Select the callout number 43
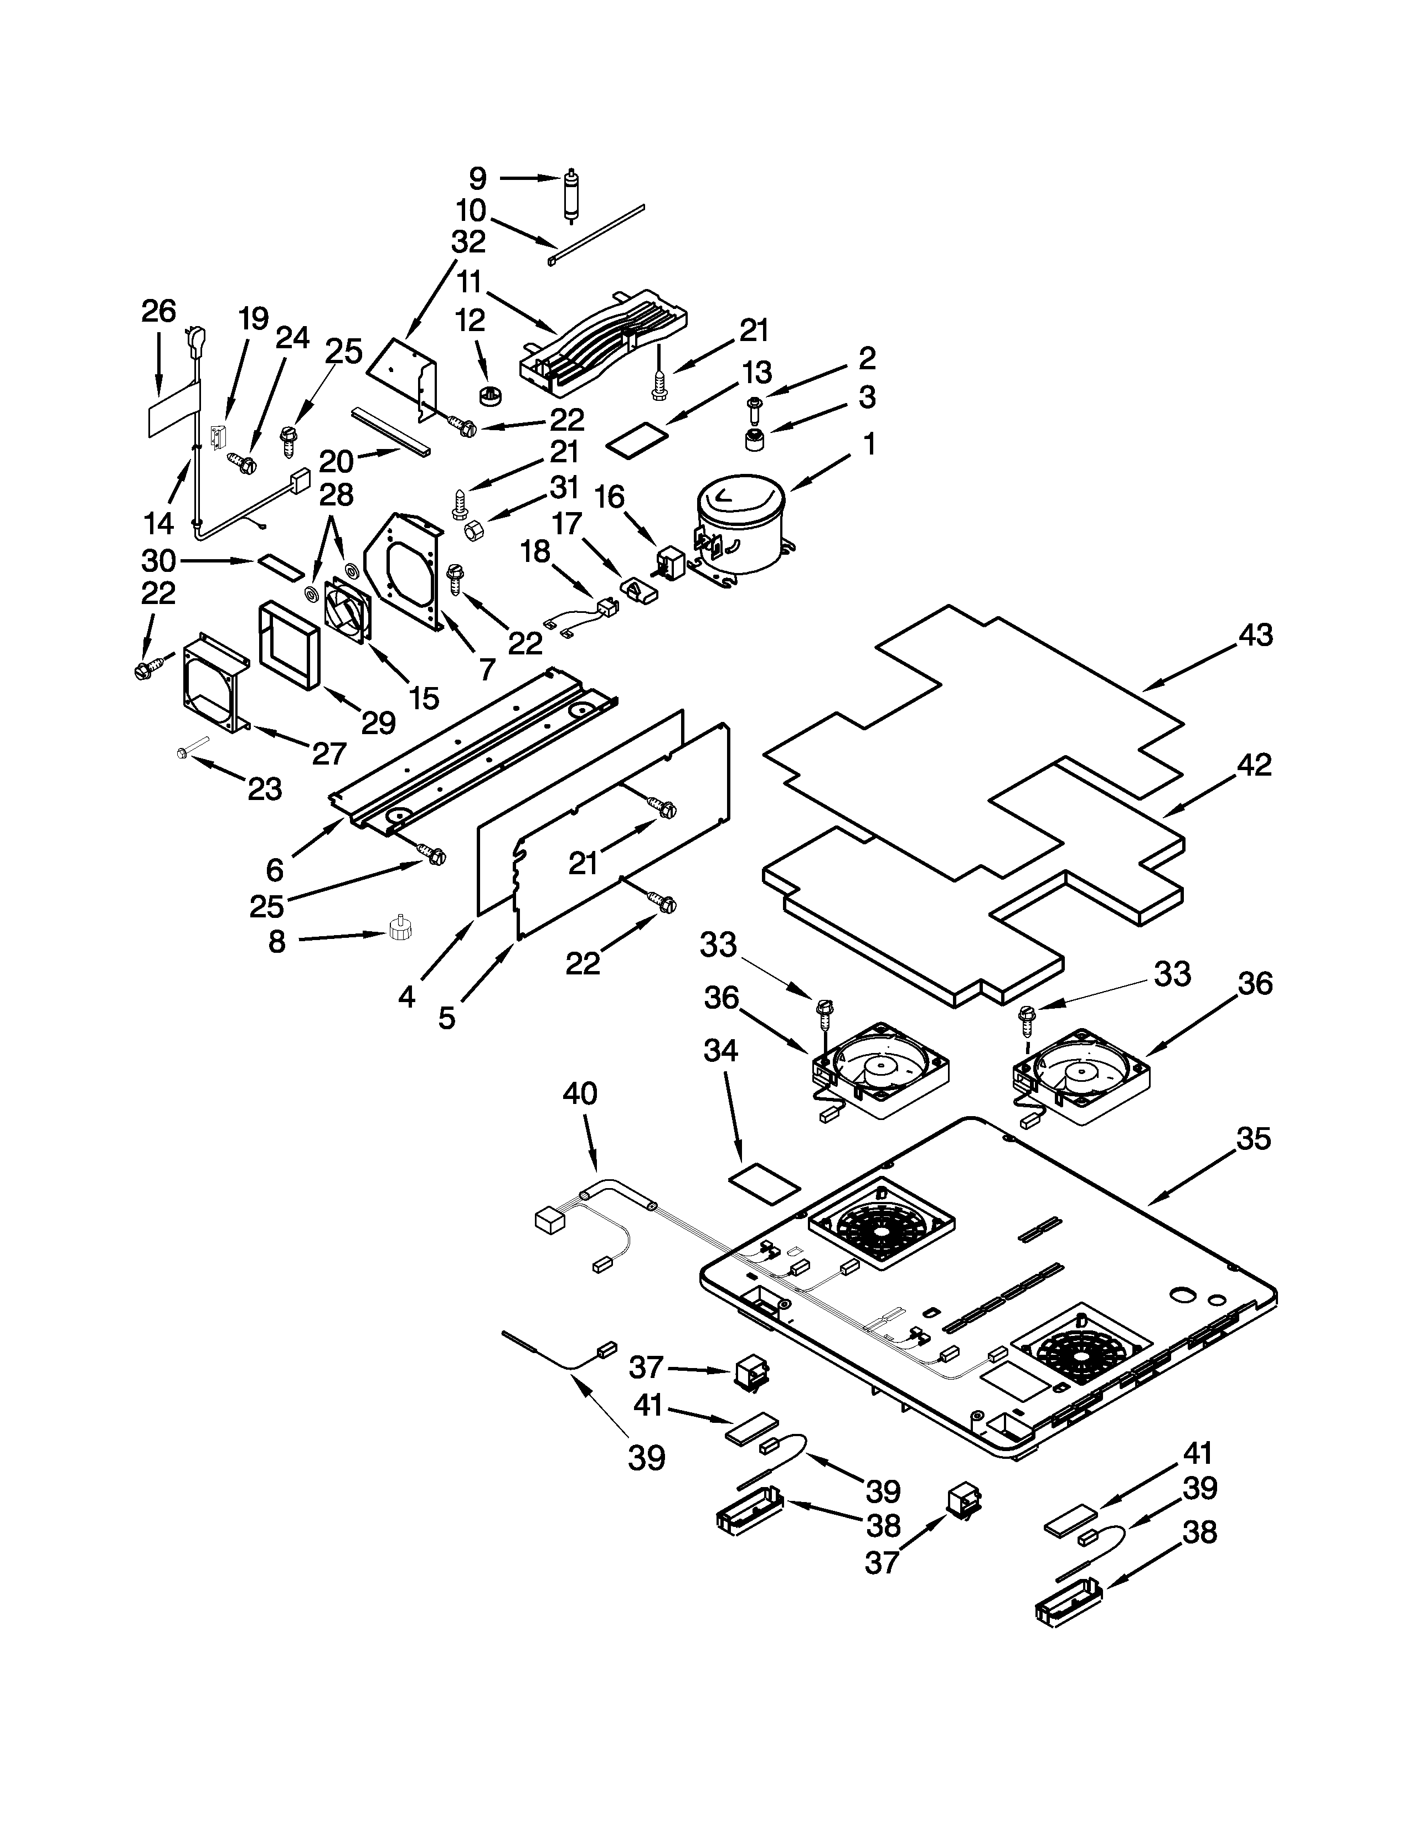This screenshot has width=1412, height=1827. click(x=1255, y=636)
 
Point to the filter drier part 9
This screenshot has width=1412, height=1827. click(x=571, y=194)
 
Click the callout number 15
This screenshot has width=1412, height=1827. click(x=424, y=699)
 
